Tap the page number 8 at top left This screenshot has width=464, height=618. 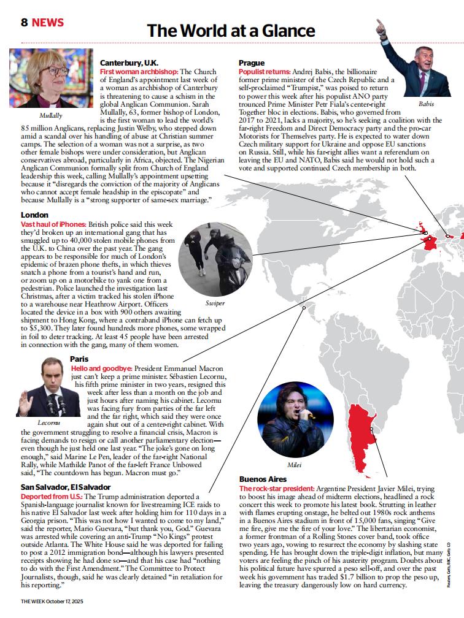[25, 23]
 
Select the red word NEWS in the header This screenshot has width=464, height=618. [48, 23]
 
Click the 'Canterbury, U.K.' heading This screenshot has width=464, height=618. [129, 63]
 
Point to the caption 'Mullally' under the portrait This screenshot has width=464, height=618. [50, 115]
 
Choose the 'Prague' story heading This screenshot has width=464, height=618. [251, 63]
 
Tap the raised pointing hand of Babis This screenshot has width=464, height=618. [381, 26]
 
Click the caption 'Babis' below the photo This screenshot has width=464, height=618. [425, 104]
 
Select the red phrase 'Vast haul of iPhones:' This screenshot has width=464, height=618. [53, 225]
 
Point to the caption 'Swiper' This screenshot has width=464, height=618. [215, 303]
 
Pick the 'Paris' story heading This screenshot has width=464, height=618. [79, 359]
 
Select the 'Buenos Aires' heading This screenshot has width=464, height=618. [263, 479]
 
